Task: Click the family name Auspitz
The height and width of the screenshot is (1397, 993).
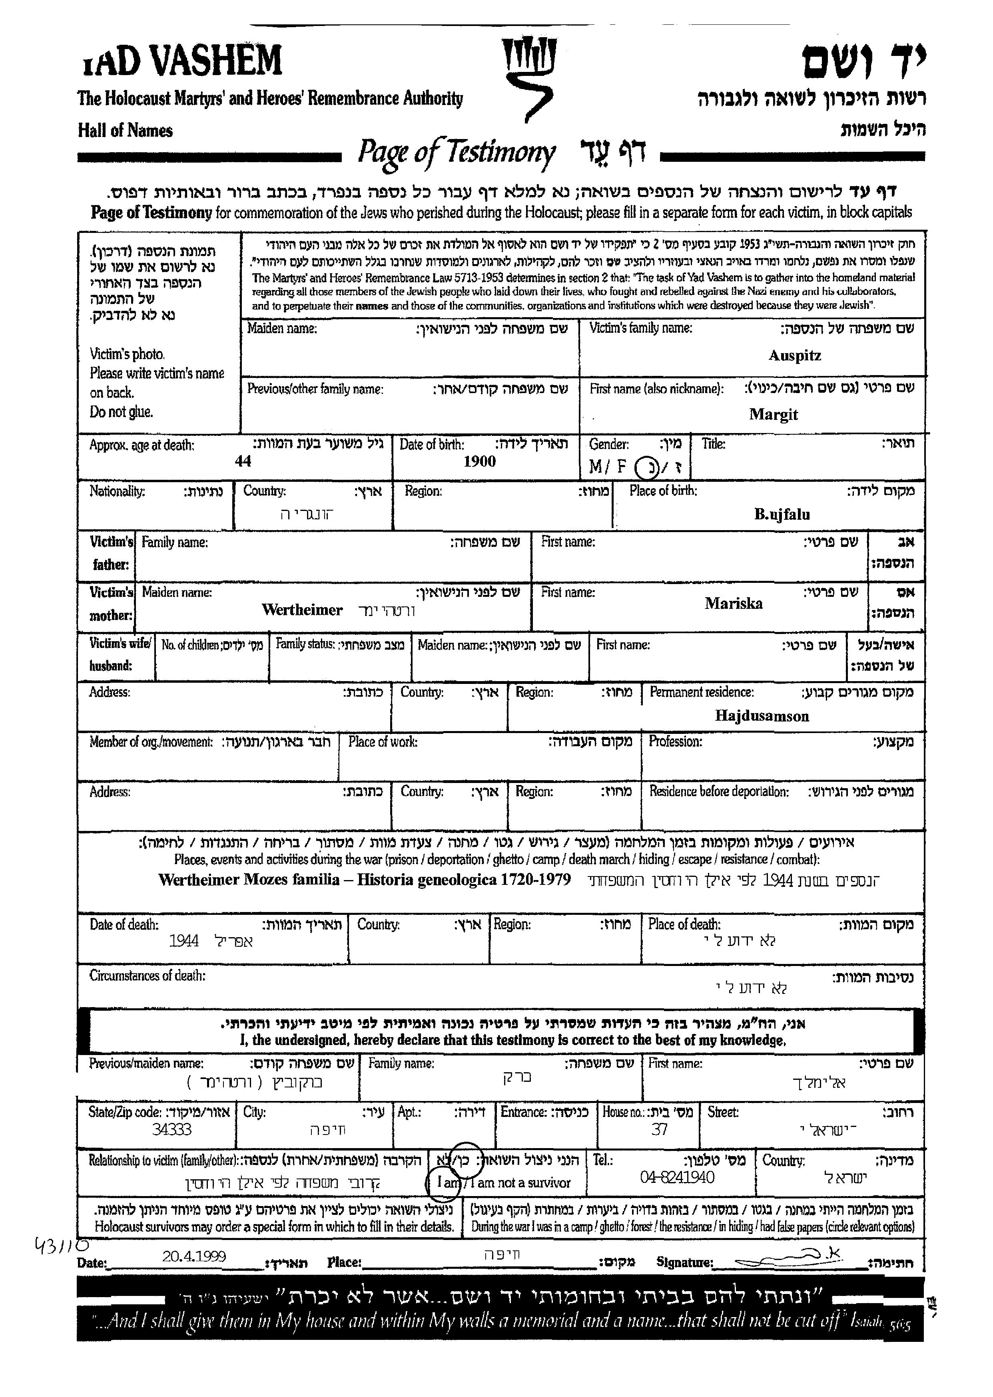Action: pyautogui.click(x=794, y=356)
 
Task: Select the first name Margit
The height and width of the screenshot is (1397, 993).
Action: pyautogui.click(x=774, y=414)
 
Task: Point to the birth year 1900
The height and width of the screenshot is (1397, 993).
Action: pyautogui.click(x=479, y=461)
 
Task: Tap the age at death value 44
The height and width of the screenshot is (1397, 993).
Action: pyautogui.click(x=243, y=461)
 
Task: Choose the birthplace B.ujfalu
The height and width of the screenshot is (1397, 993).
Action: pyautogui.click(x=782, y=515)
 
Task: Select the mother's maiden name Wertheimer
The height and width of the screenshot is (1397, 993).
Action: pyautogui.click(x=302, y=610)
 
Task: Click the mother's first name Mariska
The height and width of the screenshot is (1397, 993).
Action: pyautogui.click(x=733, y=604)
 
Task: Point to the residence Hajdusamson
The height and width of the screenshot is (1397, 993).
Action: pyautogui.click(x=762, y=716)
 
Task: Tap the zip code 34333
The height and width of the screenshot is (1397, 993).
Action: pyautogui.click(x=172, y=1130)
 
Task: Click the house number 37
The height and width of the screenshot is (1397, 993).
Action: pyautogui.click(x=659, y=1130)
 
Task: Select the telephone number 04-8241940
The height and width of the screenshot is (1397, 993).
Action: pyautogui.click(x=677, y=1178)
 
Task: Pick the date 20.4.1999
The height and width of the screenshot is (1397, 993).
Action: pyautogui.click(x=194, y=1256)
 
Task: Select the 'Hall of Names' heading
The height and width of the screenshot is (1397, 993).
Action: pyautogui.click(x=126, y=130)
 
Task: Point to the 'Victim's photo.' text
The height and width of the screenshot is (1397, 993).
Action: pyautogui.click(x=127, y=354)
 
